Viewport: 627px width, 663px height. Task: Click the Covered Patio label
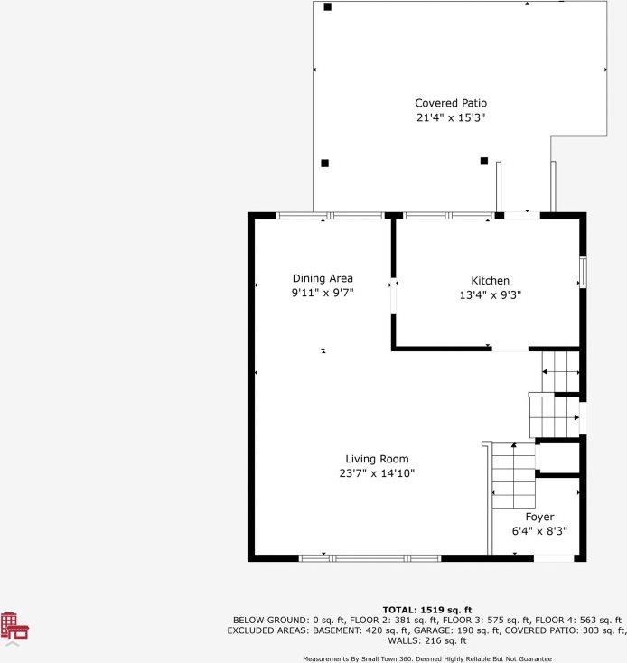[450, 103]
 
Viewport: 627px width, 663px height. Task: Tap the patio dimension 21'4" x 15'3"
[450, 117]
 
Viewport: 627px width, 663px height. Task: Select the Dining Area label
[323, 278]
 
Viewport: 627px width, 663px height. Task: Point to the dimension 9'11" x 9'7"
[323, 293]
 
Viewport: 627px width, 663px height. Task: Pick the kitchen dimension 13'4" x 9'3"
[490, 294]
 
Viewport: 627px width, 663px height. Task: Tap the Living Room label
[377, 459]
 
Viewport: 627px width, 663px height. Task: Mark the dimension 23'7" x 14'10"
[377, 472]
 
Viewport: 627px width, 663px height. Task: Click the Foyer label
[539, 517]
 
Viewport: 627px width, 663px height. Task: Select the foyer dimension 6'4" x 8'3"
[539, 531]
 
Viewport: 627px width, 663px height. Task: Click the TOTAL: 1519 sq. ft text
[427, 610]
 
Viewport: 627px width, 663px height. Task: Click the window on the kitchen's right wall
[583, 271]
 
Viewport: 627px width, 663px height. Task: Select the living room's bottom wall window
[370, 558]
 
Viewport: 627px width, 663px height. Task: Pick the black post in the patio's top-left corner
[327, 7]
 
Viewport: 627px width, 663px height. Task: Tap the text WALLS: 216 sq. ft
[426, 640]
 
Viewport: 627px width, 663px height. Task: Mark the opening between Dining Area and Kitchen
[393, 296]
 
